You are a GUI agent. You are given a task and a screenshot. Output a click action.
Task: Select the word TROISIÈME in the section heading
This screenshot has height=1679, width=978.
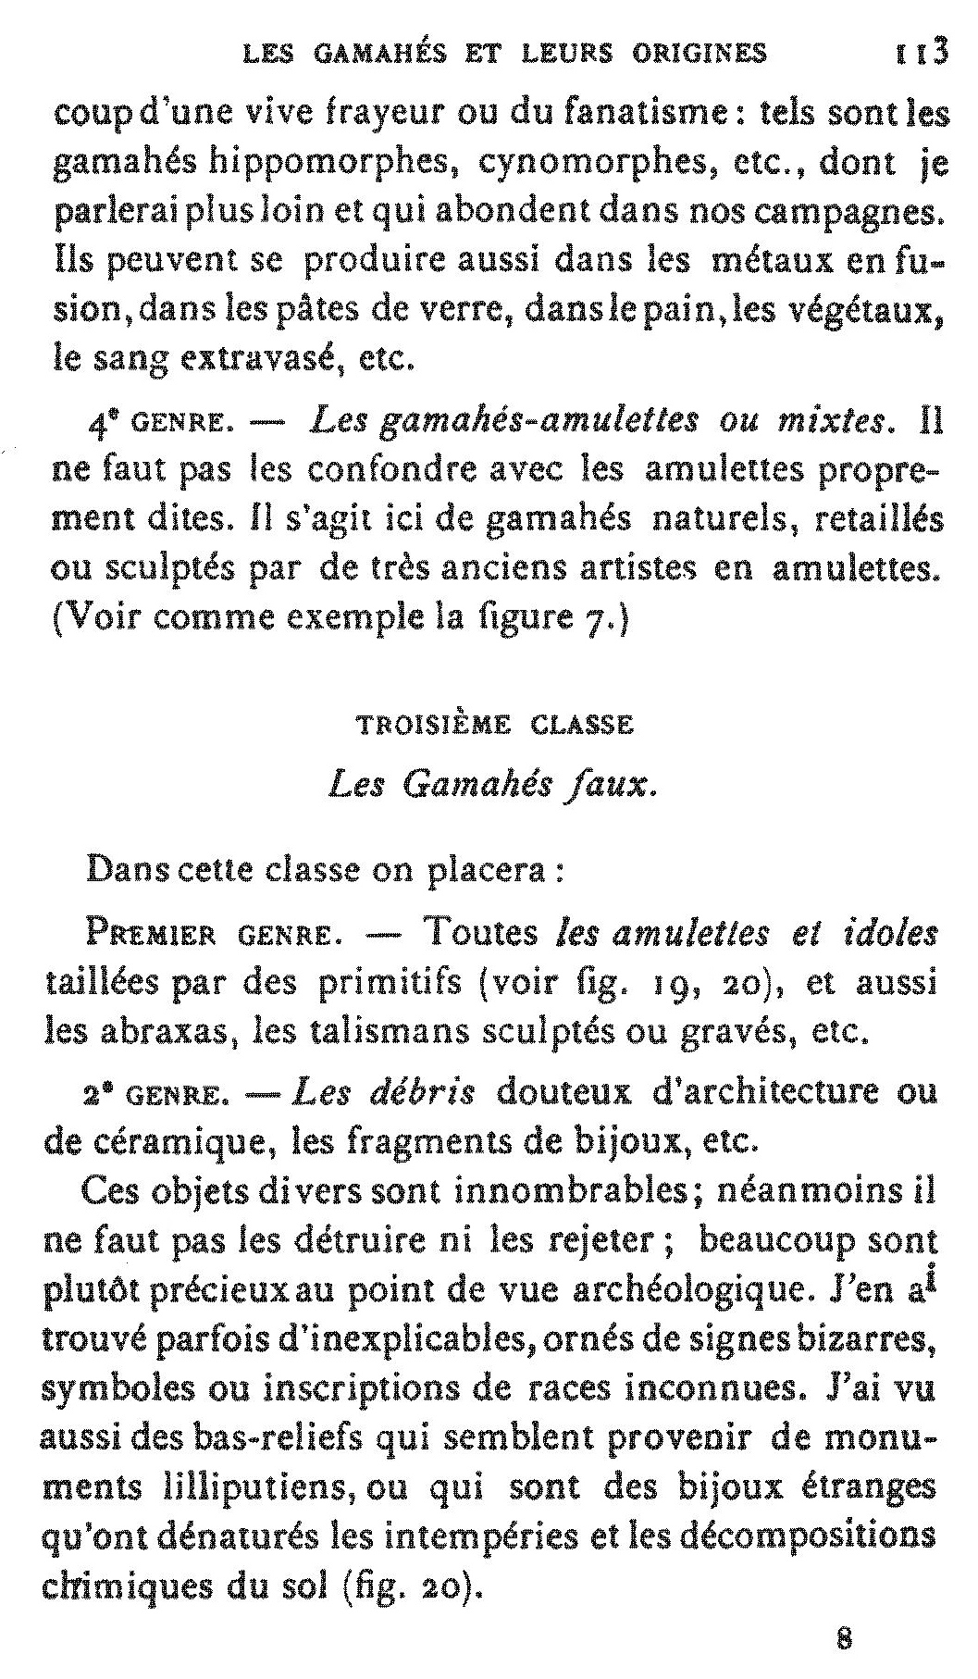[434, 726]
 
